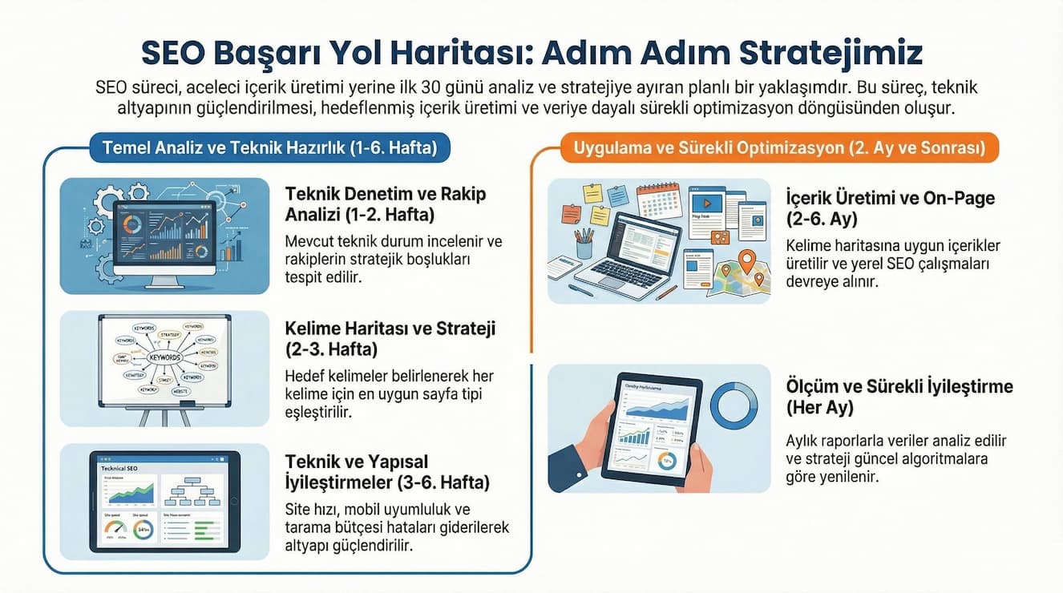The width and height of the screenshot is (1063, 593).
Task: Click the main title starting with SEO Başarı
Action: pos(531,52)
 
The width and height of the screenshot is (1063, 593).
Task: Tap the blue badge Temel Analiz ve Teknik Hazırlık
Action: pos(270,147)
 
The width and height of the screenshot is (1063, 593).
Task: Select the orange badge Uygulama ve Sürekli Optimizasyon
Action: pos(774,147)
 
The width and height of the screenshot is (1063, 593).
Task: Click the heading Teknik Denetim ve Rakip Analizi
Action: pos(386,204)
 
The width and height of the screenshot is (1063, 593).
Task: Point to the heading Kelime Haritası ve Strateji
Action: pos(390,338)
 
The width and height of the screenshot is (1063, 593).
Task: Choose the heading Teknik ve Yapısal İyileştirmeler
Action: pos(387,472)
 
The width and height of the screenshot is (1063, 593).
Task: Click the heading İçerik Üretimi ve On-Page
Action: pos(891,208)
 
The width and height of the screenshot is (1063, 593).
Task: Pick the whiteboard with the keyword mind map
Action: pos(164,358)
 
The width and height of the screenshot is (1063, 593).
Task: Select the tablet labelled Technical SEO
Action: pos(164,500)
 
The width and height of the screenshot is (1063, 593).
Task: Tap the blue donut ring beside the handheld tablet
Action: pos(733,405)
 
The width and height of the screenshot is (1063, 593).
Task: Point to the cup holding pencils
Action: pos(584,244)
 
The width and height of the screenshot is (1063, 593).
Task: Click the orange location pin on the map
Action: pos(747,260)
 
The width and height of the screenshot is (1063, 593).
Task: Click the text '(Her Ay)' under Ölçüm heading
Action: pos(820,408)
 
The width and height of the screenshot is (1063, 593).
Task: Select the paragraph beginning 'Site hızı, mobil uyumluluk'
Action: pos(397,527)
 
